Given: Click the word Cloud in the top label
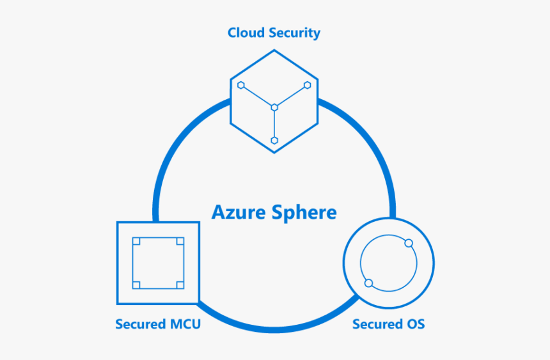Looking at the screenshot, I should click(246, 33).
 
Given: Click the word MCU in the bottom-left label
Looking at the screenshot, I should click(184, 324).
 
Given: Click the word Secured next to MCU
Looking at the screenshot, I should click(139, 324).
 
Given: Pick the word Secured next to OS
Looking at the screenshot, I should click(377, 324).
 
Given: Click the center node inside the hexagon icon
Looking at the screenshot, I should click(274, 107).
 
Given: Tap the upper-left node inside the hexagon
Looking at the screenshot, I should click(241, 85).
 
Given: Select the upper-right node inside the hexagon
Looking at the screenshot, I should click(308, 85).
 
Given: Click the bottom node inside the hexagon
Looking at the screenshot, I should click(274, 140).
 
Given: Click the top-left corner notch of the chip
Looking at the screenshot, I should click(136, 242).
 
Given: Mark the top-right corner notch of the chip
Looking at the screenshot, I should click(180, 242).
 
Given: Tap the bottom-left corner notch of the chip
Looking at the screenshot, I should click(136, 285).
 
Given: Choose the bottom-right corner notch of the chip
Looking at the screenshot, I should click(180, 285).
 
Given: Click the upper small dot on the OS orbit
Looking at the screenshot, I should click(409, 243).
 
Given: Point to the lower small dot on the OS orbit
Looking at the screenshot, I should click(368, 283).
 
